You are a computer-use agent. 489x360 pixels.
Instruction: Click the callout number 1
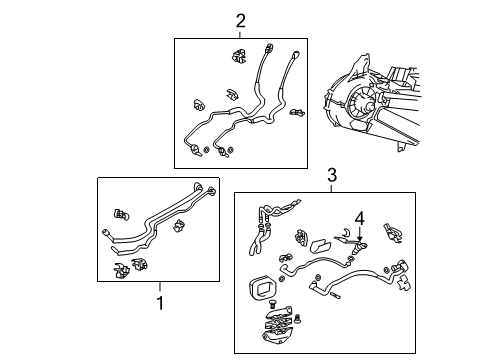pos(158,300)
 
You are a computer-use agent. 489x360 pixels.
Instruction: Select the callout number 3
pos(331,177)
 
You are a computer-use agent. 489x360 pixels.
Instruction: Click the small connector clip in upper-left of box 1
pos(122,212)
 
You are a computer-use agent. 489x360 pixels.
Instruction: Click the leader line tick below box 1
pos(158,286)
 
